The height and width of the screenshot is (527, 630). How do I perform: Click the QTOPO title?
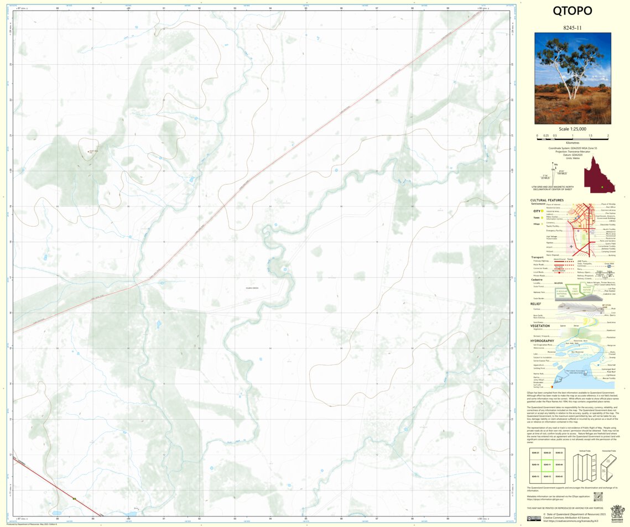coord(572,11)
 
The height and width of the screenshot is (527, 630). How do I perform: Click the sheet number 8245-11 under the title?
coord(572,27)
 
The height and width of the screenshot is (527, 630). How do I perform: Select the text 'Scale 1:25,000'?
coord(572,128)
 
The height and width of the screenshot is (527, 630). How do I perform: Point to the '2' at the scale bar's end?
coord(607,135)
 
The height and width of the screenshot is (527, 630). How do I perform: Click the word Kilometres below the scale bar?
coord(572,142)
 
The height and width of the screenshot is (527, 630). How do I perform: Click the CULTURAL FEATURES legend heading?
coord(546,200)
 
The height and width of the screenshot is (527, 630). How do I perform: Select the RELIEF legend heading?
coord(535,304)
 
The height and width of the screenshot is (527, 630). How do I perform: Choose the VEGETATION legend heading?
coord(540,326)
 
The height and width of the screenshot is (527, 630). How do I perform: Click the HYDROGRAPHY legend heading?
coord(543,340)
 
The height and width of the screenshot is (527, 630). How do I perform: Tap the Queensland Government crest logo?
coord(616,512)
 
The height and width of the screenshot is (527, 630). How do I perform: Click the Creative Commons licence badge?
coord(533,518)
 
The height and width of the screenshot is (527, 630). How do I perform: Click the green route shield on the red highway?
coord(74,499)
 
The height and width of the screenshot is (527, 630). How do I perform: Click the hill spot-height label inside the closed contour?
coord(92,151)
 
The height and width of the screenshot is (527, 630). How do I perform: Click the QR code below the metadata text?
coord(597,496)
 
